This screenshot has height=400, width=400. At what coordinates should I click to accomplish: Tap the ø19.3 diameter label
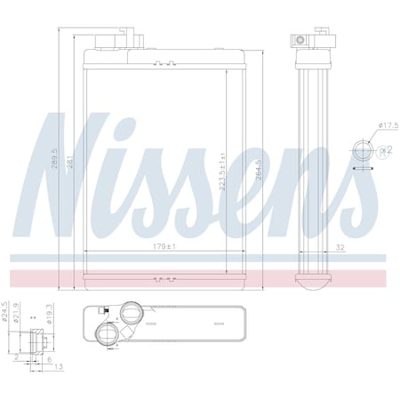[x=44, y=320]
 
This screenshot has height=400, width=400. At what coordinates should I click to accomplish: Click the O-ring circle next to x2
[x=364, y=148]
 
